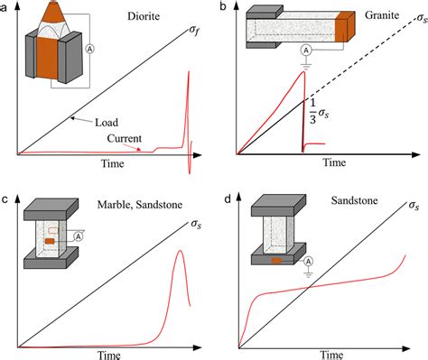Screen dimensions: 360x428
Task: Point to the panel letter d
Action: [223, 195]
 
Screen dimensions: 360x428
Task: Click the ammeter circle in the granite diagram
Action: [305, 51]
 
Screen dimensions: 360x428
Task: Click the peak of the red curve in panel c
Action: [179, 253]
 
